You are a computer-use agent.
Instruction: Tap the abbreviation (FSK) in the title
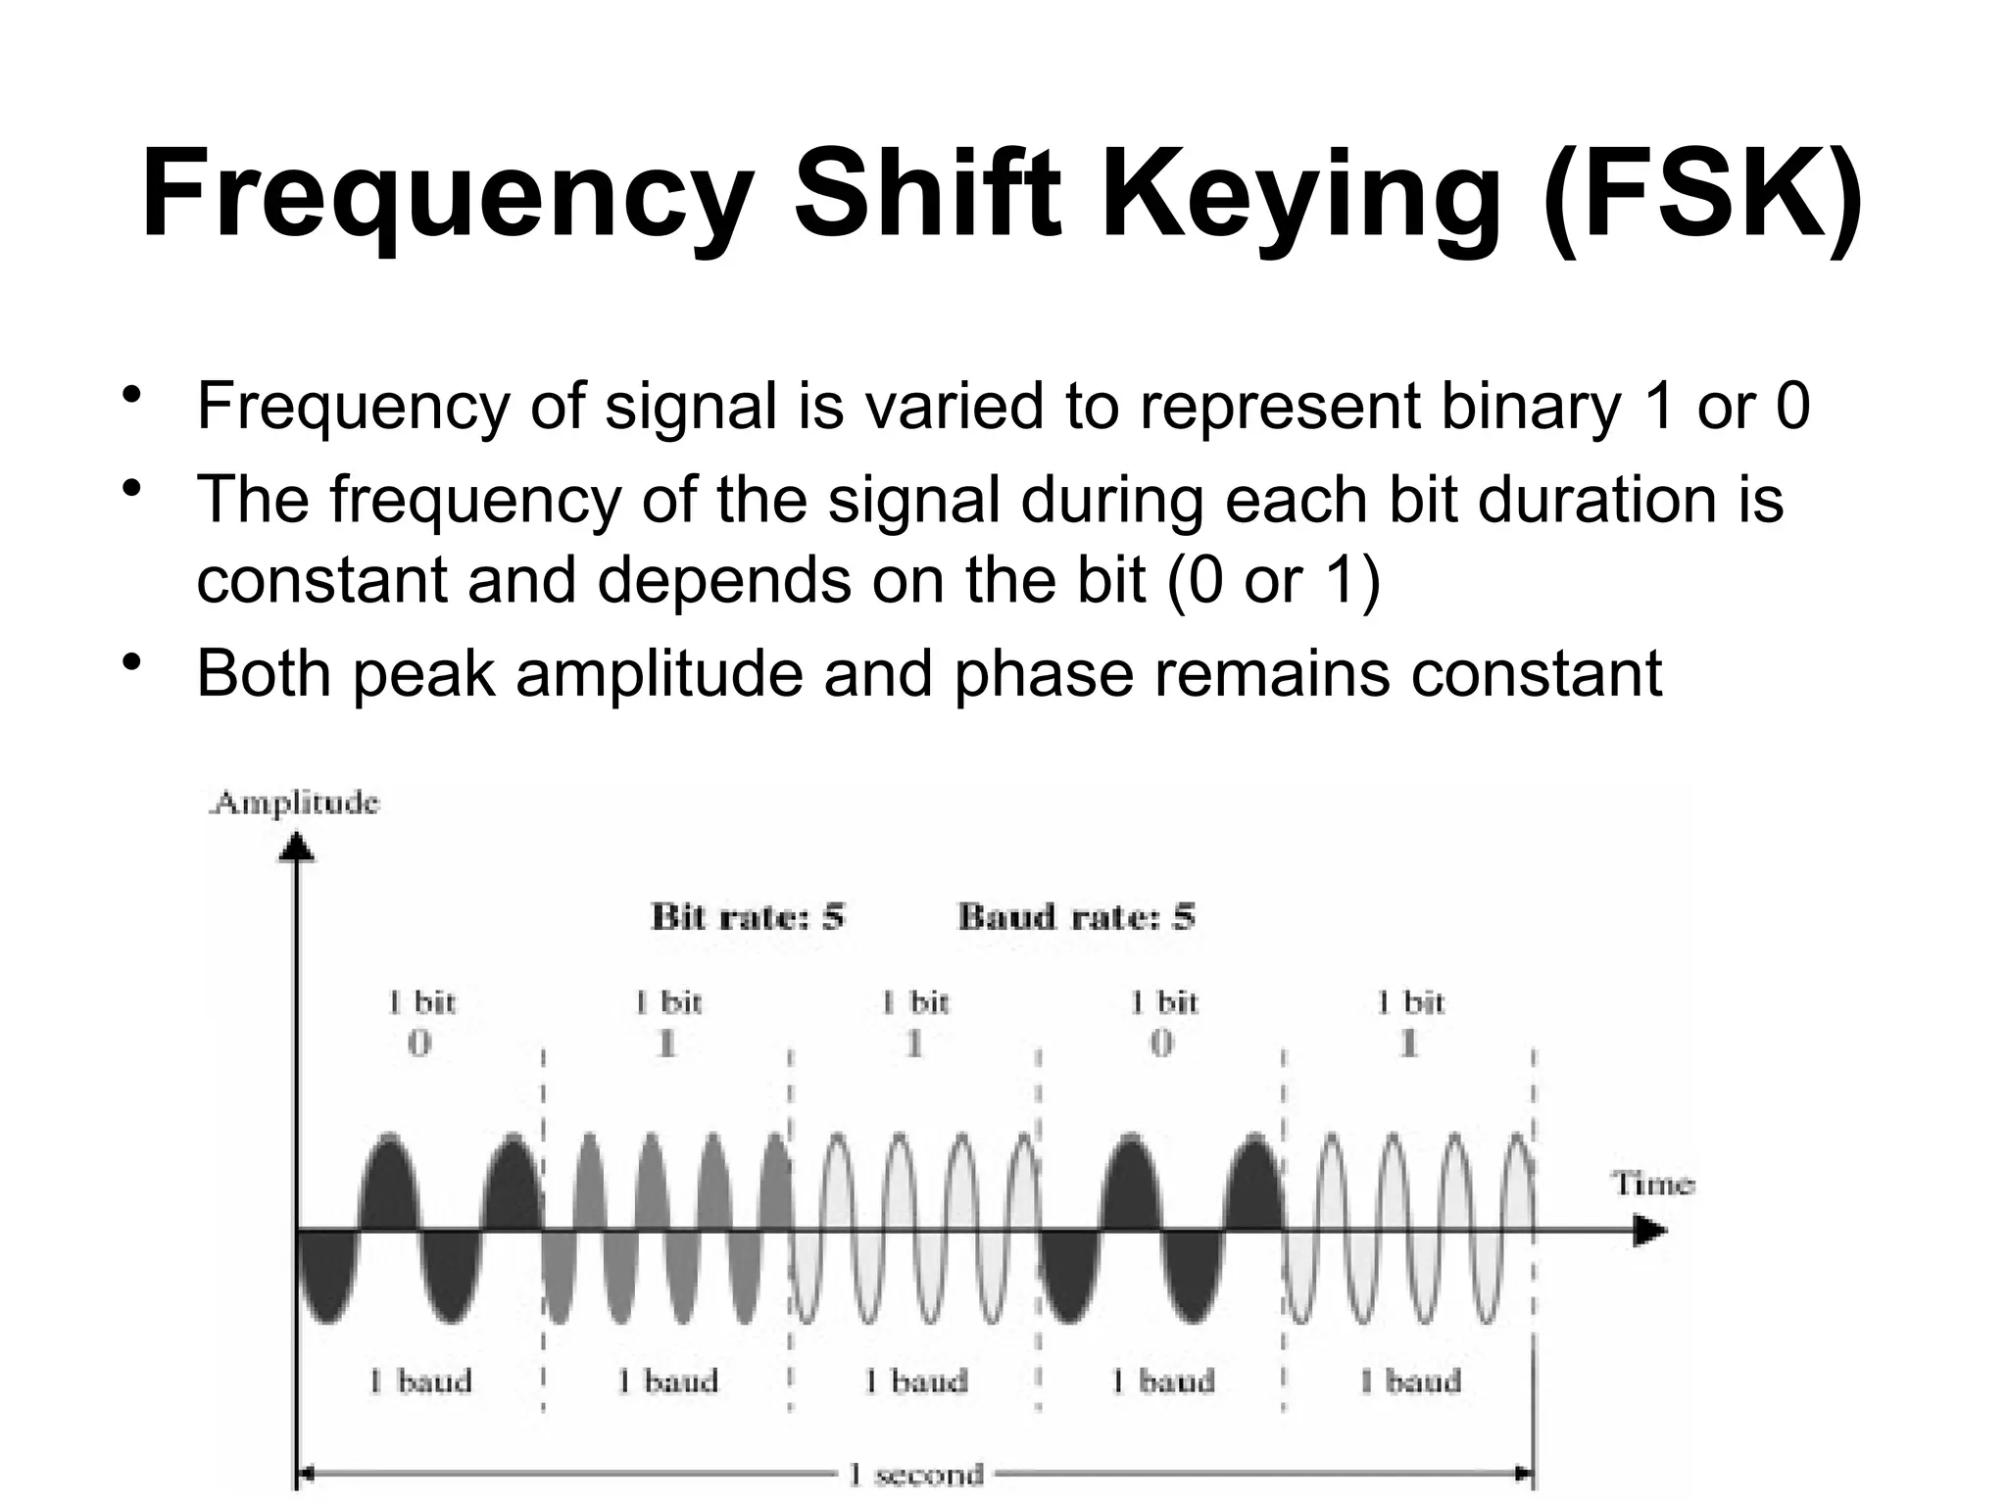(1701, 194)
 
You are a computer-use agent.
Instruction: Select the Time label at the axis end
(1652, 1184)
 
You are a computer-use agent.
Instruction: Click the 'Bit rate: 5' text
(747, 918)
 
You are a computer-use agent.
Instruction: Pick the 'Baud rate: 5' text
(1076, 918)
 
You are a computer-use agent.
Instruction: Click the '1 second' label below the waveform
(915, 1475)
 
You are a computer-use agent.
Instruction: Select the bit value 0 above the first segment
(419, 1044)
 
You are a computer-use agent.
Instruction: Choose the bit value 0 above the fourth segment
(1161, 1044)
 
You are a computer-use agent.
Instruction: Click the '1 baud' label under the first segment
(420, 1382)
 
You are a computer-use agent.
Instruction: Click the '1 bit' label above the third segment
(915, 1002)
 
